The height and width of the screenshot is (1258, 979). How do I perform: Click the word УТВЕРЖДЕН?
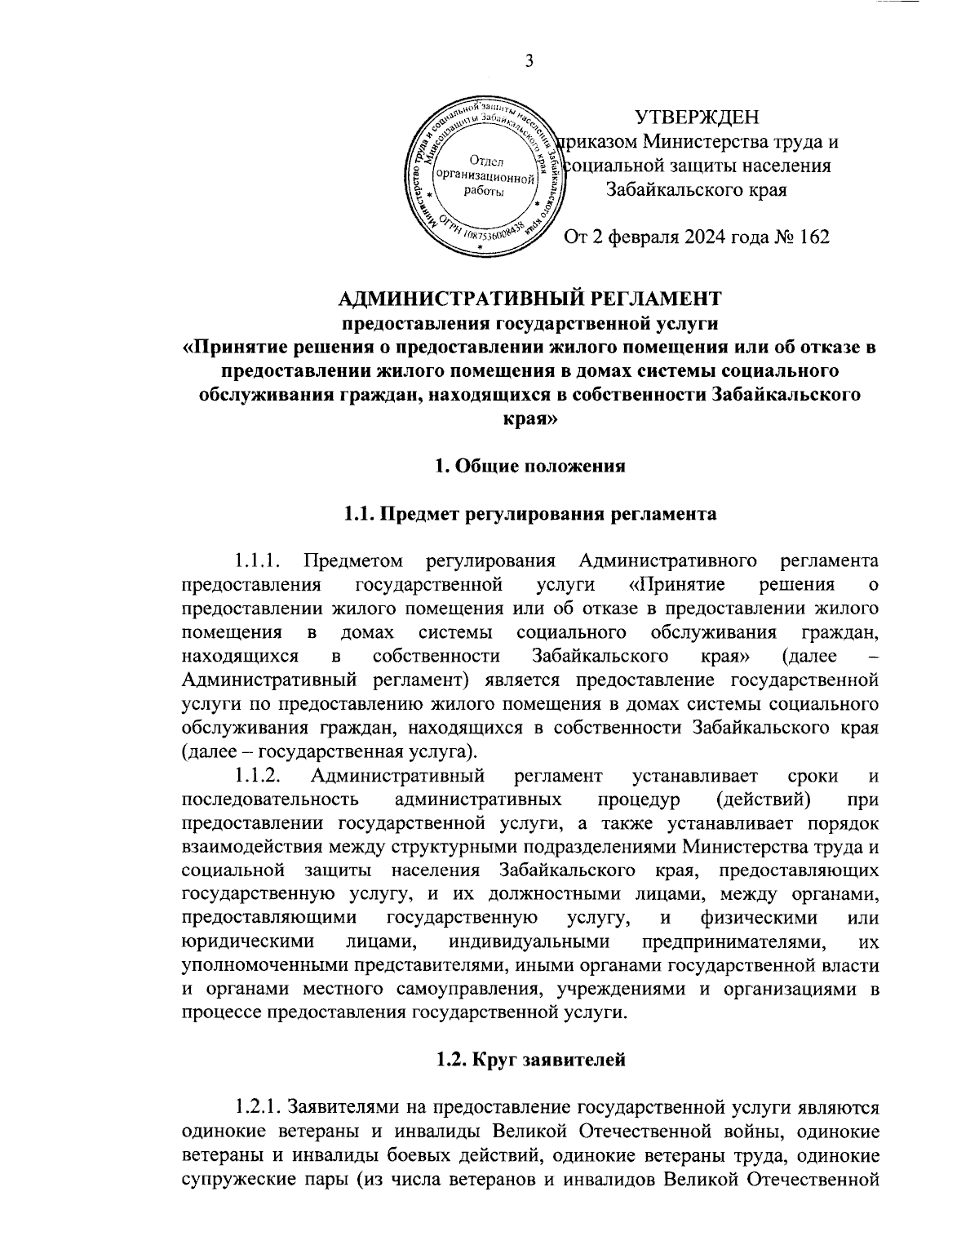(697, 117)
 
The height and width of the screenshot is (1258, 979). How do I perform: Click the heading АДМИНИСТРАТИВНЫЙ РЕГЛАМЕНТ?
(529, 298)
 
